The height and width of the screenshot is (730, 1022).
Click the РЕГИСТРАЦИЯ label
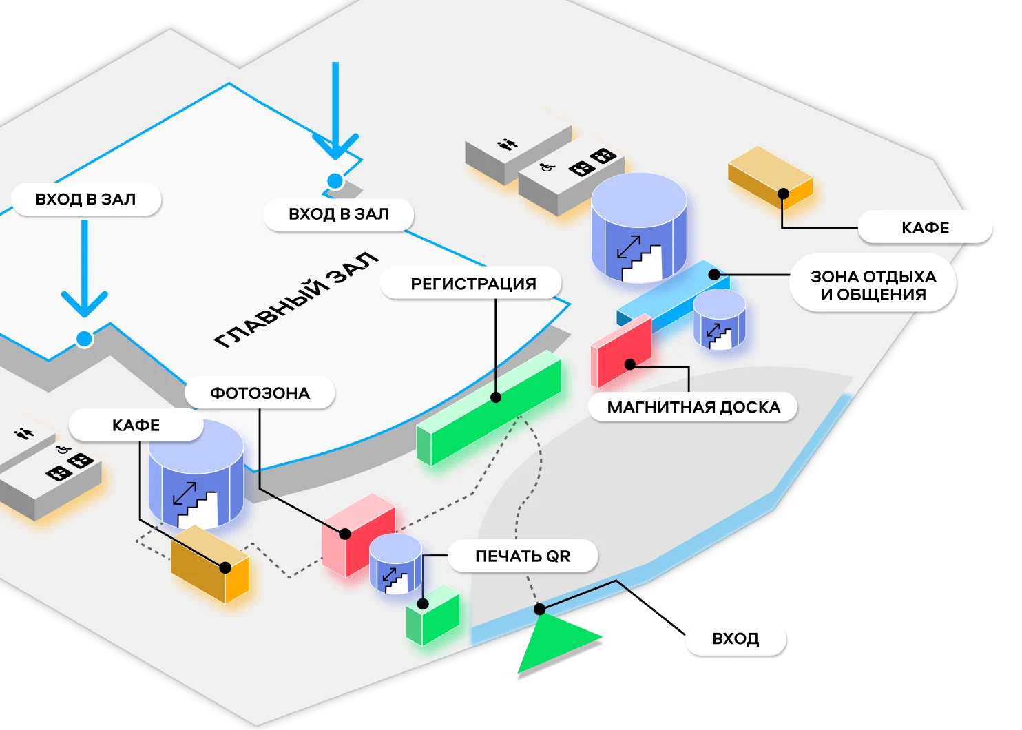[x=472, y=284]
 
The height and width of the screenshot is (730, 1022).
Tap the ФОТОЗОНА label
[x=260, y=393]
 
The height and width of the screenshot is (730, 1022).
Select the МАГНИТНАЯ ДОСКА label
[x=693, y=407]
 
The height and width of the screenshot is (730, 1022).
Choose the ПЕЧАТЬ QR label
[x=522, y=556]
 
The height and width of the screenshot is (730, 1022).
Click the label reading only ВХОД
[x=736, y=638]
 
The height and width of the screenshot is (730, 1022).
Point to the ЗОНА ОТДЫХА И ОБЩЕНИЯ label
[x=873, y=285]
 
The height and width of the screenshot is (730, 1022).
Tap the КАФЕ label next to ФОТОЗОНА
[x=136, y=426]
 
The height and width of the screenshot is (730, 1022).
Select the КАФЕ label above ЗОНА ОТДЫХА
[x=925, y=228]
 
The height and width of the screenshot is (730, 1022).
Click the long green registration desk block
[x=489, y=410]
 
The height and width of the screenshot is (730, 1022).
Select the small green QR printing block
[x=433, y=616]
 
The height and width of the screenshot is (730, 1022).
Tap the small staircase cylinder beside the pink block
[x=395, y=563]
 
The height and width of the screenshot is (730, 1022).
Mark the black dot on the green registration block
[x=496, y=397]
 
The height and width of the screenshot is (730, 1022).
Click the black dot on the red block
[x=629, y=364]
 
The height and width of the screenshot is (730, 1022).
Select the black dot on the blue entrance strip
[x=540, y=609]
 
